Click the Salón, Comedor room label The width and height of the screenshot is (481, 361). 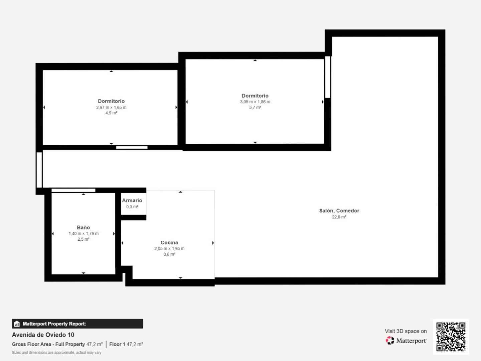tap(339, 211)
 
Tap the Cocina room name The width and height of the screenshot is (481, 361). tap(169, 242)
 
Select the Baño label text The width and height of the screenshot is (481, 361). tap(83, 227)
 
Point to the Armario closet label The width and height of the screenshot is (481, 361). tap(132, 200)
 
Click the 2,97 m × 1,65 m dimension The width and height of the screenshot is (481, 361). tap(111, 107)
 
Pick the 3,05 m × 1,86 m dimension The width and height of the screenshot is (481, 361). tap(255, 102)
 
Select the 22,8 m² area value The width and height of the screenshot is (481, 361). tap(339, 217)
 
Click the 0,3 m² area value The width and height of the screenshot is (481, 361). tap(132, 207)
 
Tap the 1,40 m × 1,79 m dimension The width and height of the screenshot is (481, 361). tap(84, 233)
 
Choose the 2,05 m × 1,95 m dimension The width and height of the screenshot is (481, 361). tap(169, 249)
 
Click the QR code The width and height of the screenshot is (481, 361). tap(451, 337)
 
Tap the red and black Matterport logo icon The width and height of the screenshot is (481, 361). tap(390, 340)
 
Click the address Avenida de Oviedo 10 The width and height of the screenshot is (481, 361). tap(43, 335)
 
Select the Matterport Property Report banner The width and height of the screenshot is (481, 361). tap(77, 324)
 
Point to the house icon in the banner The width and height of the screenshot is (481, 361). tap(17, 324)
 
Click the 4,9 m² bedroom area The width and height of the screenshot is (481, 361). tap(111, 113)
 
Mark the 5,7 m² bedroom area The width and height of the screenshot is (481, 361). tap(255, 107)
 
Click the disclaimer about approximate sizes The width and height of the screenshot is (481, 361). tap(56, 352)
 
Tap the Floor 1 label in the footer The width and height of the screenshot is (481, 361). tap(117, 344)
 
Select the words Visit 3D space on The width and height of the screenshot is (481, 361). tap(406, 331)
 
